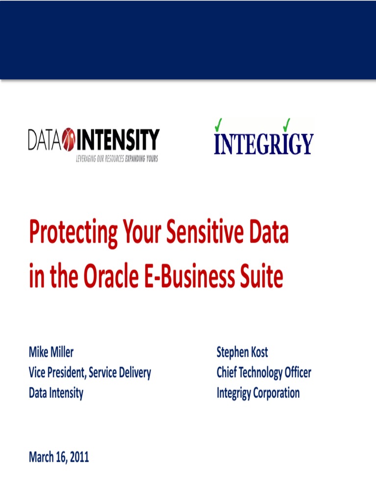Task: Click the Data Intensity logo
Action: [94, 145]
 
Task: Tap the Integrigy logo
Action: [263, 138]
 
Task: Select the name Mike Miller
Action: [51, 351]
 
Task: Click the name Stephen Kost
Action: [242, 352]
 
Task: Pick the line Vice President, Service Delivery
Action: [90, 373]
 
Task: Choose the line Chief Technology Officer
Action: [264, 373]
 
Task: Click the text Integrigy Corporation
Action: [258, 393]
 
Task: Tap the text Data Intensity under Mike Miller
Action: [56, 393]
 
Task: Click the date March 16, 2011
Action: [59, 457]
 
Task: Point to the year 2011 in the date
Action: [79, 457]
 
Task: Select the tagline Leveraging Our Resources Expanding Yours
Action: [117, 159]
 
